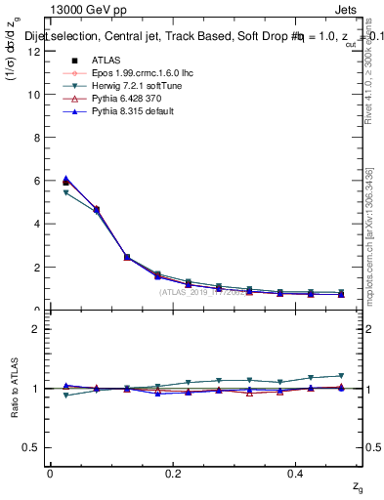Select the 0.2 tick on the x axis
click(x=174, y=473)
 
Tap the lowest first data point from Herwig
click(x=65, y=193)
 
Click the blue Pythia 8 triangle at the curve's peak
click(x=65, y=179)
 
